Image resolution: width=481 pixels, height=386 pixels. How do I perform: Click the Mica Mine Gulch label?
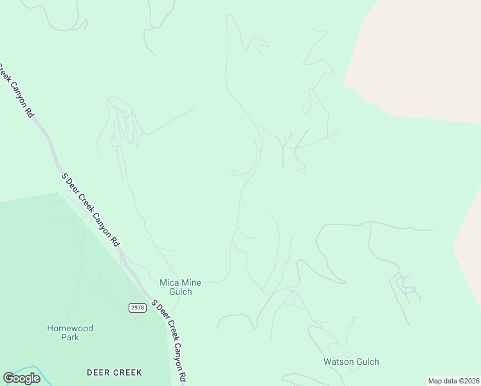click(x=180, y=287)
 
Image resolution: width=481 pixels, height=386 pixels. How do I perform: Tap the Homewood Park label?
click(x=70, y=333)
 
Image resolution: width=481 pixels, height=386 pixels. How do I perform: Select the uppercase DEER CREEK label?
click(x=114, y=372)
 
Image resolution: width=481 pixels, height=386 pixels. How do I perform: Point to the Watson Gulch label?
click(x=351, y=362)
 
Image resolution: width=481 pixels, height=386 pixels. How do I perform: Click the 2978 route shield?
click(x=137, y=308)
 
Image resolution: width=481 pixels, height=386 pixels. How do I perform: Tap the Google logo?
click(x=21, y=378)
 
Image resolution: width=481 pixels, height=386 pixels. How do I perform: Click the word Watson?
click(x=338, y=362)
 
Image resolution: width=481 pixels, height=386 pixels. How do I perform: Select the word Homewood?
click(x=70, y=328)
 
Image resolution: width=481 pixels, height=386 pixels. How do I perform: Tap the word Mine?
click(x=191, y=282)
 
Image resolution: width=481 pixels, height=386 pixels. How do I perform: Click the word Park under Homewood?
click(x=70, y=337)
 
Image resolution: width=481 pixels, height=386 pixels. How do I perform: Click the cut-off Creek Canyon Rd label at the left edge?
click(x=15, y=90)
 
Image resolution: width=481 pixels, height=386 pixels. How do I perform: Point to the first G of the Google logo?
click(x=8, y=378)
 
